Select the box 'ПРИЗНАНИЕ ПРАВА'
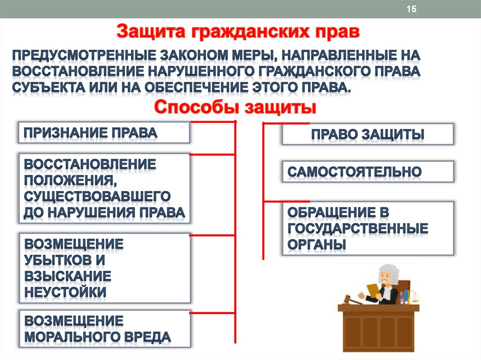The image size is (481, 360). pyautogui.click(x=104, y=132)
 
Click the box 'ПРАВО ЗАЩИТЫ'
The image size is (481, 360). pyautogui.click(x=367, y=134)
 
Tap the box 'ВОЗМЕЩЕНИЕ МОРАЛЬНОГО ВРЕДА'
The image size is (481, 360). pyautogui.click(x=104, y=329)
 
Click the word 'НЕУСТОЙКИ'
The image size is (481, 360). pyautogui.click(x=65, y=292)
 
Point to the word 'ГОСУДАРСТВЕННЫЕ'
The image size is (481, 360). pyautogui.click(x=358, y=229)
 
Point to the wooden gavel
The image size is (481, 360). pyautogui.click(x=350, y=299)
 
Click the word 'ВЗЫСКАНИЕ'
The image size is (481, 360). pyautogui.click(x=68, y=276)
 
